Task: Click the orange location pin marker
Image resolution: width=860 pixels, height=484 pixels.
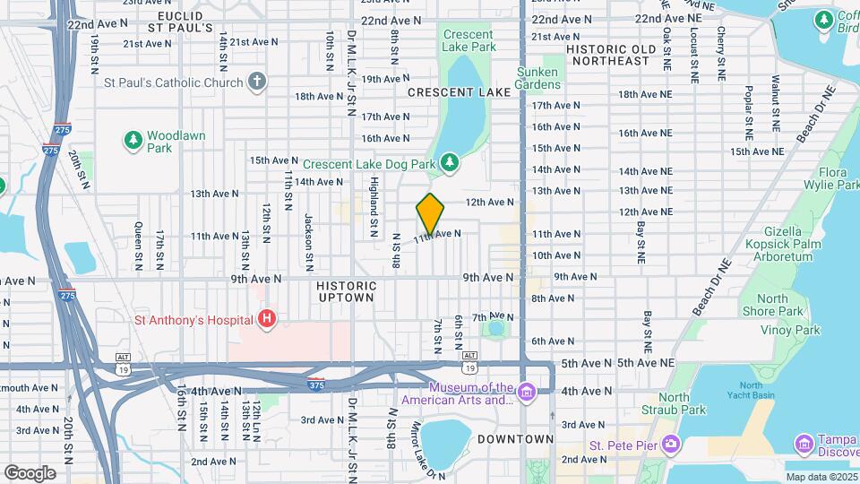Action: click(431, 214)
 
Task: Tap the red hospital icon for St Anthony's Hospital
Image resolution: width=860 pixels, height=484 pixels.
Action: click(266, 318)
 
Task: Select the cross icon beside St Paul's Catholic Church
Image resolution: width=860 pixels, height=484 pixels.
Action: click(257, 82)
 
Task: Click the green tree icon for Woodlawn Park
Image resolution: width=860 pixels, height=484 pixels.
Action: click(133, 140)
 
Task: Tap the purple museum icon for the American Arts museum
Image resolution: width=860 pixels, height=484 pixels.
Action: click(527, 391)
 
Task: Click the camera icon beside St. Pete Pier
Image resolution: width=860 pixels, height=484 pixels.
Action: click(670, 445)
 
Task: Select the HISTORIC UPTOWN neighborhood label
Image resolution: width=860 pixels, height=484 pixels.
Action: click(345, 290)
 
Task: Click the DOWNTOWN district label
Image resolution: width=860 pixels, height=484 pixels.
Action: click(515, 439)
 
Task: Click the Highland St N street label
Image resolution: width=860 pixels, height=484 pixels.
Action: click(374, 208)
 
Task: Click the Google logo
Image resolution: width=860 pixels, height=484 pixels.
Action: click(30, 472)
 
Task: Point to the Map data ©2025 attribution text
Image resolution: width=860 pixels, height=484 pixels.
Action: click(818, 477)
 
